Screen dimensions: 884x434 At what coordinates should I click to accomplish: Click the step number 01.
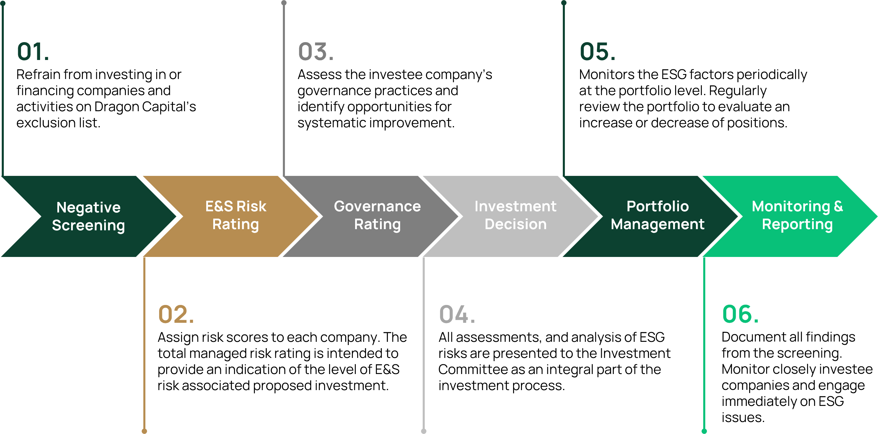tap(33, 52)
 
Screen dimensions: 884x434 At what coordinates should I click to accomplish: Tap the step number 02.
tap(176, 315)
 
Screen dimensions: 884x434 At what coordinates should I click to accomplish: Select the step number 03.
tap(316, 52)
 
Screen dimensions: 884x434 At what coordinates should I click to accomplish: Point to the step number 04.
tap(457, 315)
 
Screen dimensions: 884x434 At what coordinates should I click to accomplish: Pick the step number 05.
tap(597, 52)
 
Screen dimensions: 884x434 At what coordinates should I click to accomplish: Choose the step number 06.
tap(740, 315)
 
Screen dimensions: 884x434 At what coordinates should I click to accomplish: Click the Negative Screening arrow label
tap(89, 216)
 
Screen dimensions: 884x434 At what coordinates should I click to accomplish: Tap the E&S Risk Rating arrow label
tap(236, 215)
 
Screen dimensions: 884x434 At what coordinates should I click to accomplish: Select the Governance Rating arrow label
tap(377, 215)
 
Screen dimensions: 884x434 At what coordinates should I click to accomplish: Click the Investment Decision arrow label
tap(515, 215)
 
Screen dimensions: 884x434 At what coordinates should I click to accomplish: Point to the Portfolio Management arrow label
tap(658, 215)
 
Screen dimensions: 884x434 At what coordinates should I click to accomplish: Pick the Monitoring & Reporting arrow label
tap(797, 215)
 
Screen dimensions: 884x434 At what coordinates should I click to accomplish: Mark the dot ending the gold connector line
tap(145, 431)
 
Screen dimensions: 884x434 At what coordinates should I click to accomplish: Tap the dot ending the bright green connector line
tap(704, 431)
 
